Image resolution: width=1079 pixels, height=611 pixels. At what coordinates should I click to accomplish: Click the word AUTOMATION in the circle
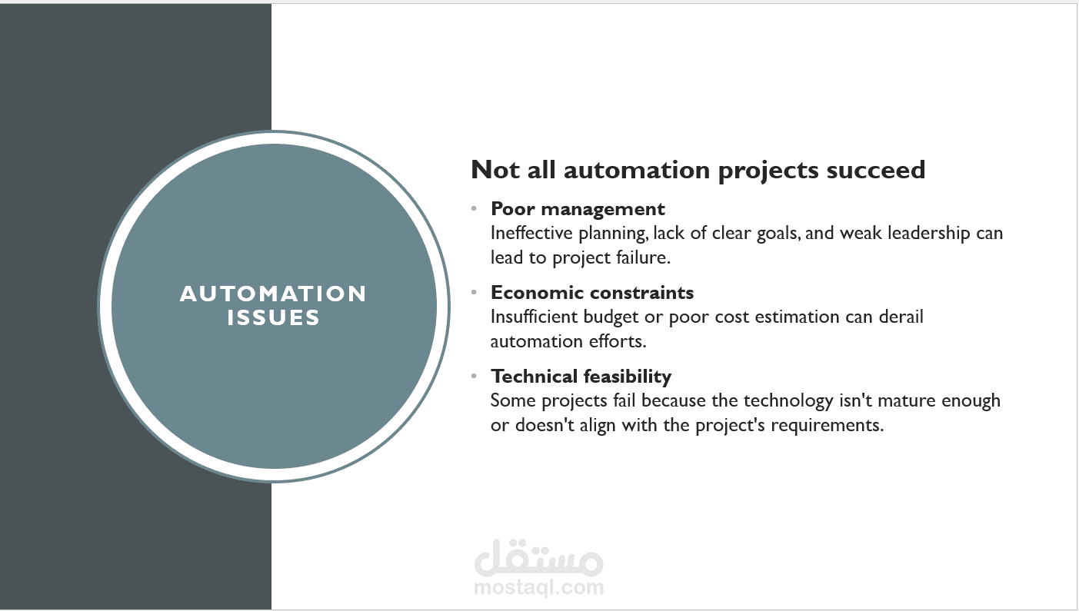[x=273, y=294]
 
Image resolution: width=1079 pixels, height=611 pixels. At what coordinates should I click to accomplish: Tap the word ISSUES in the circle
[x=273, y=317]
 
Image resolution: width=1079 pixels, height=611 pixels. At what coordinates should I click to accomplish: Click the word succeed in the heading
[x=876, y=170]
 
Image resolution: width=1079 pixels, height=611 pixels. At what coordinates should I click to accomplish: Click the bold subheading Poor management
[x=578, y=210]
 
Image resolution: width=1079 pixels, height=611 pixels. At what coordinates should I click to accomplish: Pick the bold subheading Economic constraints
[x=592, y=293]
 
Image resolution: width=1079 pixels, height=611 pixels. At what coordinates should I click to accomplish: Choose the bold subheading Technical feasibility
[x=581, y=377]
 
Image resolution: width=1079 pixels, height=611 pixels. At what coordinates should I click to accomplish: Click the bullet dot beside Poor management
[x=474, y=208]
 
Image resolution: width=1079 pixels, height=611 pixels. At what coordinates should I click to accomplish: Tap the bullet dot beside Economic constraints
[x=474, y=292]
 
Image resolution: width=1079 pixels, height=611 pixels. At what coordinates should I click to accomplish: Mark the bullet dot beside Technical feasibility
[x=474, y=376]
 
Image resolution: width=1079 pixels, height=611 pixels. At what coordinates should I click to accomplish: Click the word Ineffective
[x=531, y=233]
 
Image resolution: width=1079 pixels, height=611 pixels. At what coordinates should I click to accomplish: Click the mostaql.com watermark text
[x=538, y=587]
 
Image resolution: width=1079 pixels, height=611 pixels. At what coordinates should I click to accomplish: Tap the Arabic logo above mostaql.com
[x=538, y=557]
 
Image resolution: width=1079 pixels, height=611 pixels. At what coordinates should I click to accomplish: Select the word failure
[x=643, y=257]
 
